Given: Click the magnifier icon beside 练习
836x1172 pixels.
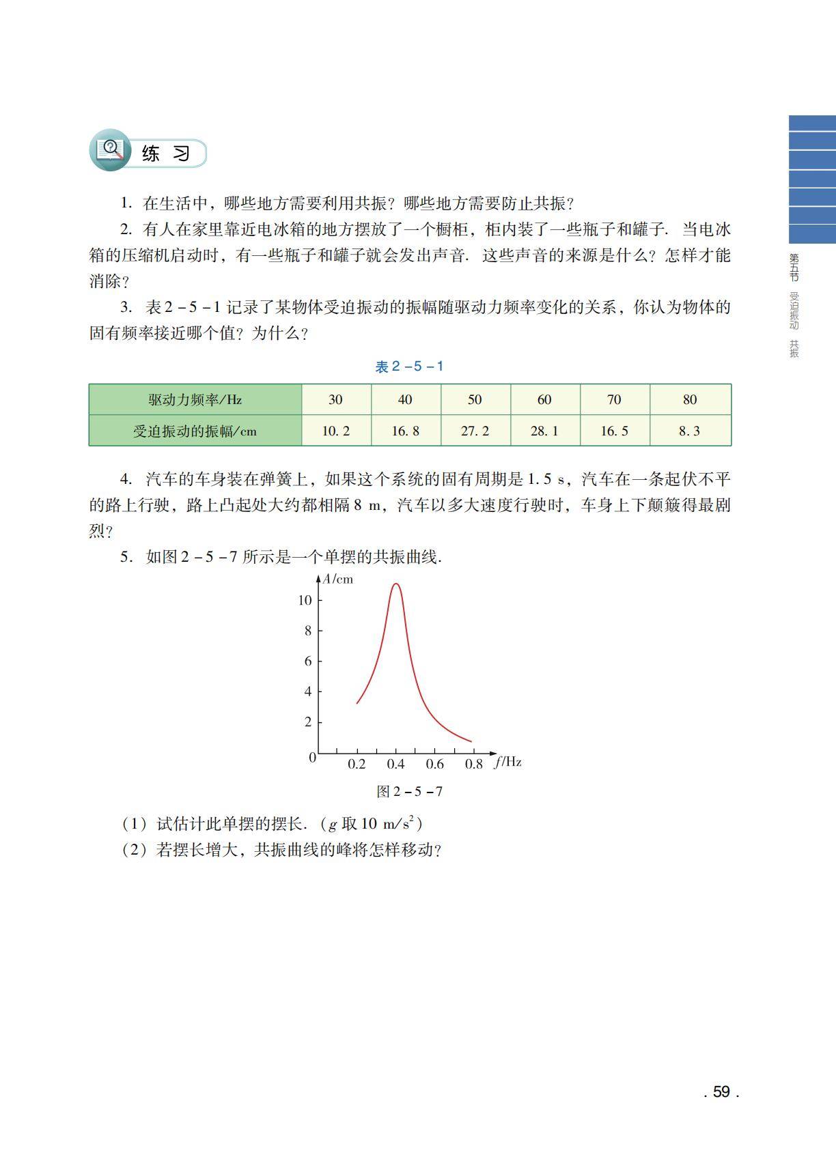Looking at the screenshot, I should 110,149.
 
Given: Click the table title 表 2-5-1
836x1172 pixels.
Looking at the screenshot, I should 409,367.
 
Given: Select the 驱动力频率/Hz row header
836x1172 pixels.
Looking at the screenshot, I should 195,399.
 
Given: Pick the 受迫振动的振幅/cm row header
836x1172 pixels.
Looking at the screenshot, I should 195,431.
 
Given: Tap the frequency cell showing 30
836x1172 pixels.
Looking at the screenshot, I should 335,399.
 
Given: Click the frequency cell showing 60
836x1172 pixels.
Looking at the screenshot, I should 544,399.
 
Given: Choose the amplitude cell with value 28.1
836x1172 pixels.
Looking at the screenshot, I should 544,431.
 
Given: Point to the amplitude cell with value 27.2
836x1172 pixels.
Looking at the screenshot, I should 475,431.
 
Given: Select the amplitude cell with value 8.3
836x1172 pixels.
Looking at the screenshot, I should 689,431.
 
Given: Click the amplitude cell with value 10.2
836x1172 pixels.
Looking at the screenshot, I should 335,431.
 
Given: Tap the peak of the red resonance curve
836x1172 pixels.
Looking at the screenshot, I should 395,584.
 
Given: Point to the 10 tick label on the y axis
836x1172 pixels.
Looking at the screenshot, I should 305,600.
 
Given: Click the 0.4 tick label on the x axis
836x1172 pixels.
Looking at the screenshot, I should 395,764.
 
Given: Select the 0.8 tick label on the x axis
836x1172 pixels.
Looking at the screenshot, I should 473,764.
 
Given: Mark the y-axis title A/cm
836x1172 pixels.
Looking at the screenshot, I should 338,580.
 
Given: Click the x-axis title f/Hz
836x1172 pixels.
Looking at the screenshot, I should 508,762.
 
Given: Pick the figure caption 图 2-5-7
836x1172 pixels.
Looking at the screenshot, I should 409,791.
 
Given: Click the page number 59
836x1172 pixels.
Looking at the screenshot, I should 721,1091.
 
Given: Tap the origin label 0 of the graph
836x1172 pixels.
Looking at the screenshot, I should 312,757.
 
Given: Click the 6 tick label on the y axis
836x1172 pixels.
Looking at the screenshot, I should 308,661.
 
